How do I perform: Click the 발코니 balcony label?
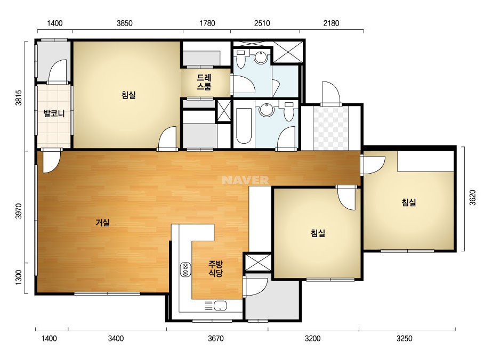coord(54,113)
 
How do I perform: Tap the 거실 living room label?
coord(102,223)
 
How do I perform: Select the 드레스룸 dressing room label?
coord(204,82)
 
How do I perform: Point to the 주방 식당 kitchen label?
coord(215,268)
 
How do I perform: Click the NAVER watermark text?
coord(245,180)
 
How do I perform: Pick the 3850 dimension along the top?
coord(125,23)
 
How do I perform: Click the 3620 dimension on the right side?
coord(473,198)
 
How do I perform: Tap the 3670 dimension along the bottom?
coord(216,339)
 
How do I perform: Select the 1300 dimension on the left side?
coord(19,277)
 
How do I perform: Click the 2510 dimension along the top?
coord(262,23)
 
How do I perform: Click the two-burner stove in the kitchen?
coord(185,269)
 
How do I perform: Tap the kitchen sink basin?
coord(221,306)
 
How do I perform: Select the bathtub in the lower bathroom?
coord(244,126)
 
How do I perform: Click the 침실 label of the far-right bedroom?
coord(409,202)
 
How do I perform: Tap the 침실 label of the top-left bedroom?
coord(128,95)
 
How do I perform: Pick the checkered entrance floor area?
coord(330,128)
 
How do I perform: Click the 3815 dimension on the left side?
coord(19,98)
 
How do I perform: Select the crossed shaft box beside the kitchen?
coord(257,263)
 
